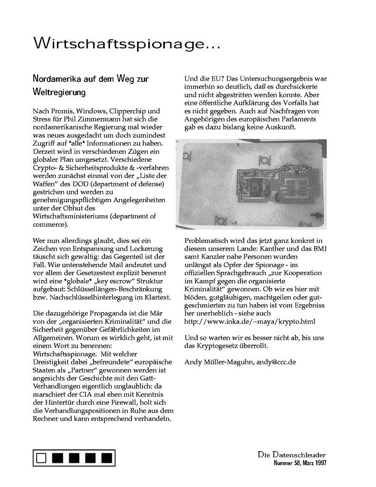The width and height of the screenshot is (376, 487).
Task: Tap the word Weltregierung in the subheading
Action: (59, 92)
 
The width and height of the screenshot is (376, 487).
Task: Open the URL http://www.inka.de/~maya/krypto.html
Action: (250, 321)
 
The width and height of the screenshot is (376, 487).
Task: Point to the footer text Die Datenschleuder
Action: (292, 454)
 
